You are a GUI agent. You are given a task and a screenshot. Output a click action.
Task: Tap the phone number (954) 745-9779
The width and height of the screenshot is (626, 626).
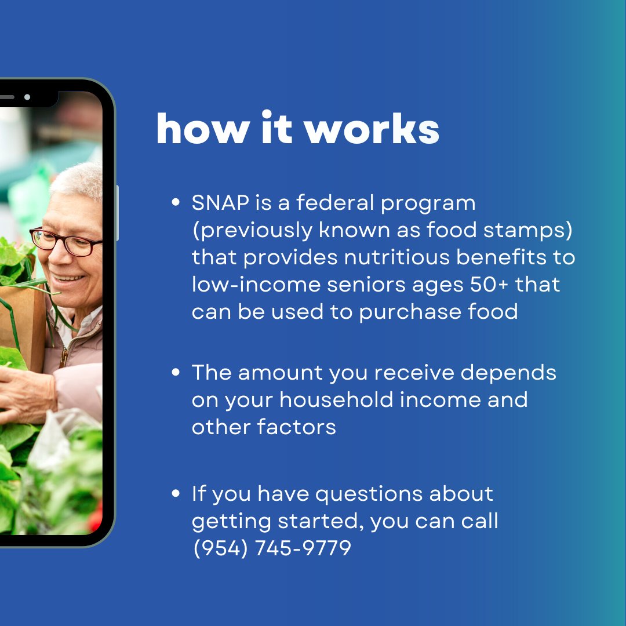[x=272, y=548]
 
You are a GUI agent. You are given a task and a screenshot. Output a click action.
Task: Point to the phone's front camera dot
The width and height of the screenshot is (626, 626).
[x=27, y=97]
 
